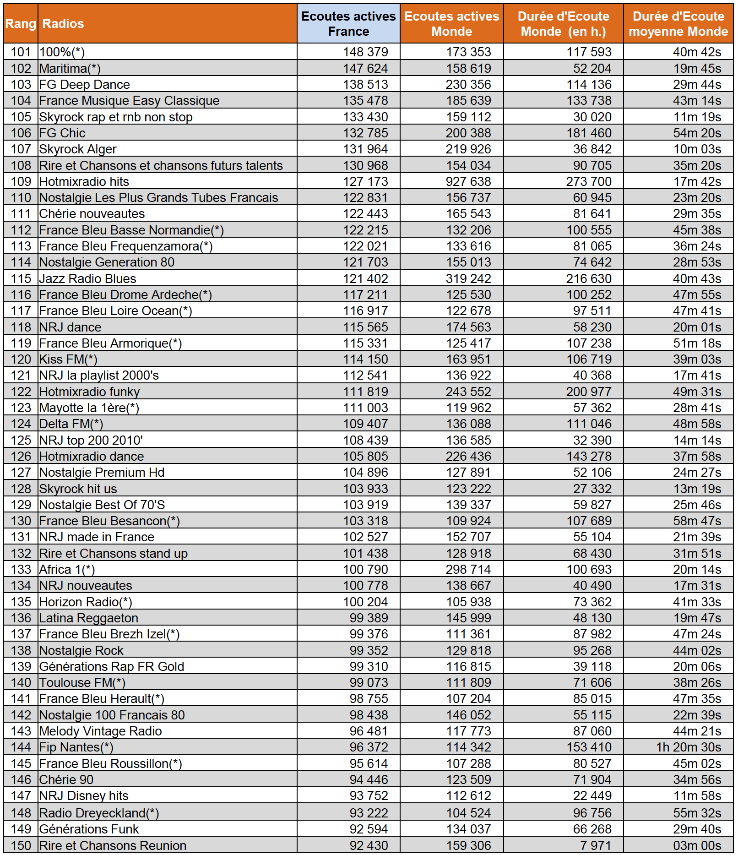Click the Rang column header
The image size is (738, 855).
[x=21, y=24]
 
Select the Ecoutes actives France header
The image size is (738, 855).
[x=348, y=24]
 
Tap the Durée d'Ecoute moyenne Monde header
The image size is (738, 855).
[x=678, y=24]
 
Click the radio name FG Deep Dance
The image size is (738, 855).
[x=85, y=85]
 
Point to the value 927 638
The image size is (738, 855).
[x=468, y=182]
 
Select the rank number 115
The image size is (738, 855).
[x=21, y=279]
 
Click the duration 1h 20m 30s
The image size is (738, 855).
[x=689, y=747]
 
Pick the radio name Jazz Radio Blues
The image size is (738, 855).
[x=88, y=279]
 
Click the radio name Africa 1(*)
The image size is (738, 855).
[x=67, y=570]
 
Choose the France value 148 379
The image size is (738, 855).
[x=365, y=52]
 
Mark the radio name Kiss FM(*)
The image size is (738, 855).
[x=69, y=359]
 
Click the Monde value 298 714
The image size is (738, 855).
[x=468, y=570]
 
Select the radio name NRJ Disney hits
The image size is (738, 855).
[x=84, y=796]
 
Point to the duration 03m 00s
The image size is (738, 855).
[x=697, y=846]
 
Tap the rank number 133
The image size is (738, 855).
[x=21, y=570]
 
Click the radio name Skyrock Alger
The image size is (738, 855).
[x=78, y=149]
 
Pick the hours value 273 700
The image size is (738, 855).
[x=589, y=182]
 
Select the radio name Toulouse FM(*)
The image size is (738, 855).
[x=82, y=683]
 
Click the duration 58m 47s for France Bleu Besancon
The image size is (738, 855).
[x=697, y=521]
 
